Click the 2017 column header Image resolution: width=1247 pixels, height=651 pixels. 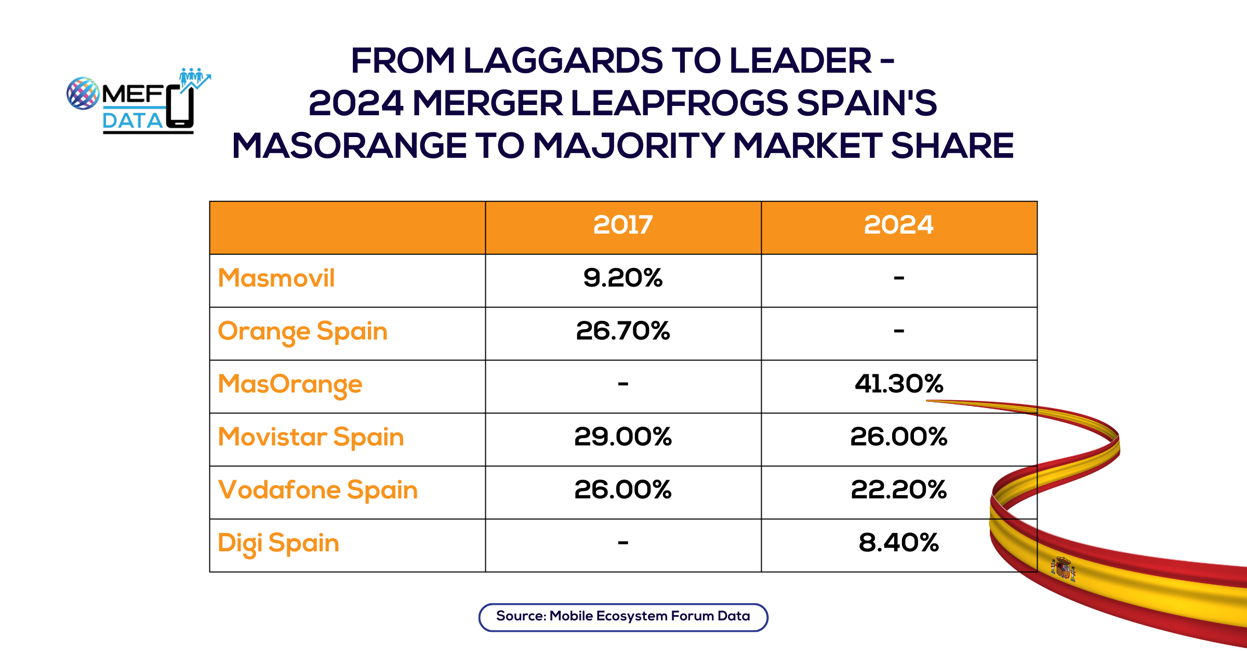pos(623,225)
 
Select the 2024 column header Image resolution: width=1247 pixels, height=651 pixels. pos(898,225)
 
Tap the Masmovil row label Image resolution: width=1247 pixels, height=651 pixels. pos(276,278)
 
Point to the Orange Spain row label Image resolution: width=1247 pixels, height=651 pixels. pos(302,332)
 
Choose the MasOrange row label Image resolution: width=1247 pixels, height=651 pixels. pos(290,385)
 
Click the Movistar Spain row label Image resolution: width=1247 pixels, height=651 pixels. pos(311,437)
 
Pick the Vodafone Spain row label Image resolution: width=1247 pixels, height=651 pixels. pos(318,490)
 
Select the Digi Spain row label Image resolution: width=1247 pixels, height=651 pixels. pos(278,544)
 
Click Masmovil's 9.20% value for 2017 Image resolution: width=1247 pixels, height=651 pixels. pos(623,278)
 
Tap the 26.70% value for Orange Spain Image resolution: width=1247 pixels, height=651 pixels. pos(623,331)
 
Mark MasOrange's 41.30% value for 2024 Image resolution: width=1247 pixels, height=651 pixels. pos(898,384)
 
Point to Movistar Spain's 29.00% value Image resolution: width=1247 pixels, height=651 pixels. pos(623,437)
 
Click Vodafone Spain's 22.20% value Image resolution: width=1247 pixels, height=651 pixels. pos(898,490)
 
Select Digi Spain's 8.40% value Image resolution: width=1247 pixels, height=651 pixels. pos(898,543)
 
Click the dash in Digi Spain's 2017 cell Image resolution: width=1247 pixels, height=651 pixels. pos(623,543)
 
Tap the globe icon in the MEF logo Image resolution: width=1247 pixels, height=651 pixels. pos(83,93)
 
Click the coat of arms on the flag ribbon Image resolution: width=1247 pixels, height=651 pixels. pos(1063,569)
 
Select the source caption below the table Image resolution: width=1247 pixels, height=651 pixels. pos(623,617)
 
